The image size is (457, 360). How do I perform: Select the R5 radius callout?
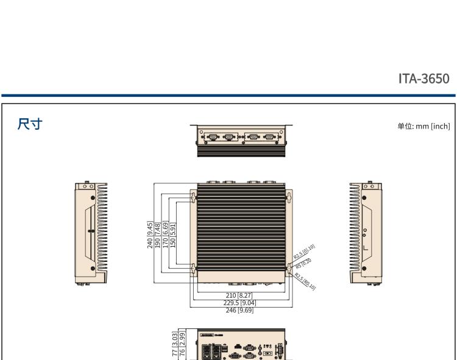tap(302, 263)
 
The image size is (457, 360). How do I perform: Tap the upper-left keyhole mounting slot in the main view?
tap(194, 198)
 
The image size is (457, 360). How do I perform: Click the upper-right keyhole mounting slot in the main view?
tap(288, 198)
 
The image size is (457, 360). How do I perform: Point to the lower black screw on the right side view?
tap(364, 267)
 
